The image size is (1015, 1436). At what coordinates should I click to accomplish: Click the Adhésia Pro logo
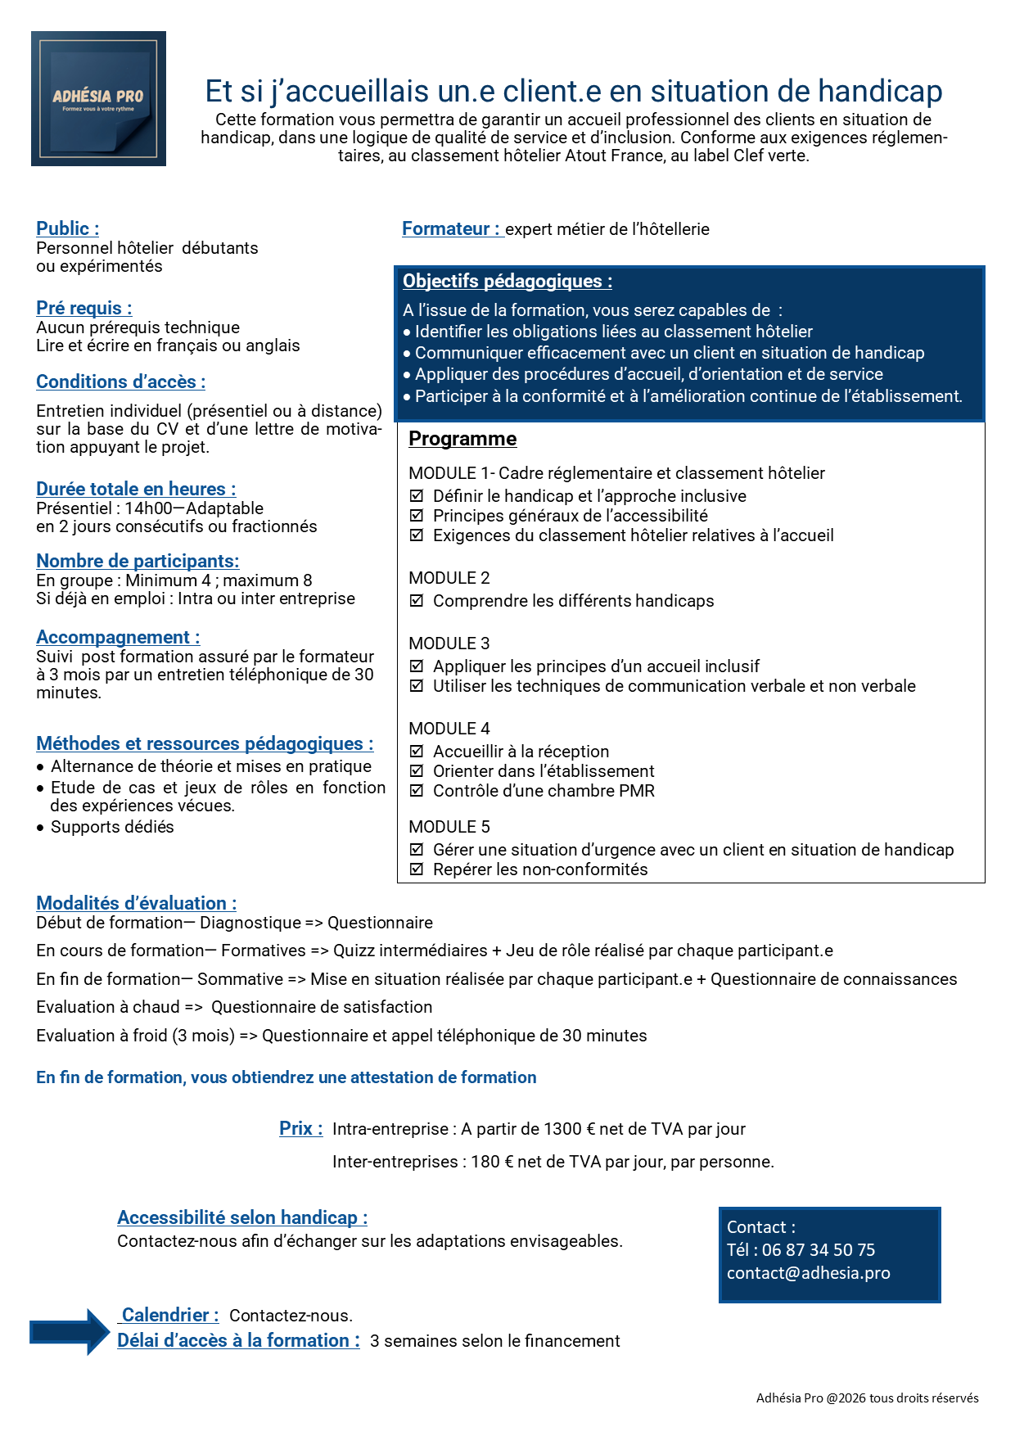click(98, 98)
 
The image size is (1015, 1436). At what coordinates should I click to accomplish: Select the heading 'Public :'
click(67, 229)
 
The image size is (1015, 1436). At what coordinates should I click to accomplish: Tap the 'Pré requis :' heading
click(83, 309)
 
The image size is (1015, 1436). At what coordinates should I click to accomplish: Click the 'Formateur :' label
click(450, 229)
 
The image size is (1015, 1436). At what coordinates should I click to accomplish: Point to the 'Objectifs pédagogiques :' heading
click(507, 282)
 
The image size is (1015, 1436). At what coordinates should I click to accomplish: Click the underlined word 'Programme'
click(462, 439)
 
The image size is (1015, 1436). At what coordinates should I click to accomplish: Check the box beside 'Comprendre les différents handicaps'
click(417, 601)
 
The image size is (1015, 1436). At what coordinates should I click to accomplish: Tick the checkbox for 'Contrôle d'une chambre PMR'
click(417, 791)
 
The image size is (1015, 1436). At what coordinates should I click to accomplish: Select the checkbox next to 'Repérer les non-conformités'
click(417, 869)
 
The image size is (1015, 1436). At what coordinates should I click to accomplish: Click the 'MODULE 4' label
click(449, 729)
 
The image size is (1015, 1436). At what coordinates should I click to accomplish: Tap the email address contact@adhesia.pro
click(808, 1273)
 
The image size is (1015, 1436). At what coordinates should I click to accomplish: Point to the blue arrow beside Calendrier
click(70, 1332)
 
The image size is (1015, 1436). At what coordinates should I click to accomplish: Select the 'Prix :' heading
click(300, 1129)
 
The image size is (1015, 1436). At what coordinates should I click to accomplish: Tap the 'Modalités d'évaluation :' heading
click(136, 904)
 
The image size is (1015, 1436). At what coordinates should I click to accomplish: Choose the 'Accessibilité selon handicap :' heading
click(242, 1218)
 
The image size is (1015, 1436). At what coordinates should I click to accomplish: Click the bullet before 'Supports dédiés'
click(40, 828)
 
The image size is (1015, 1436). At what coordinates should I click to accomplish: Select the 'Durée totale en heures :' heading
click(136, 490)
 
